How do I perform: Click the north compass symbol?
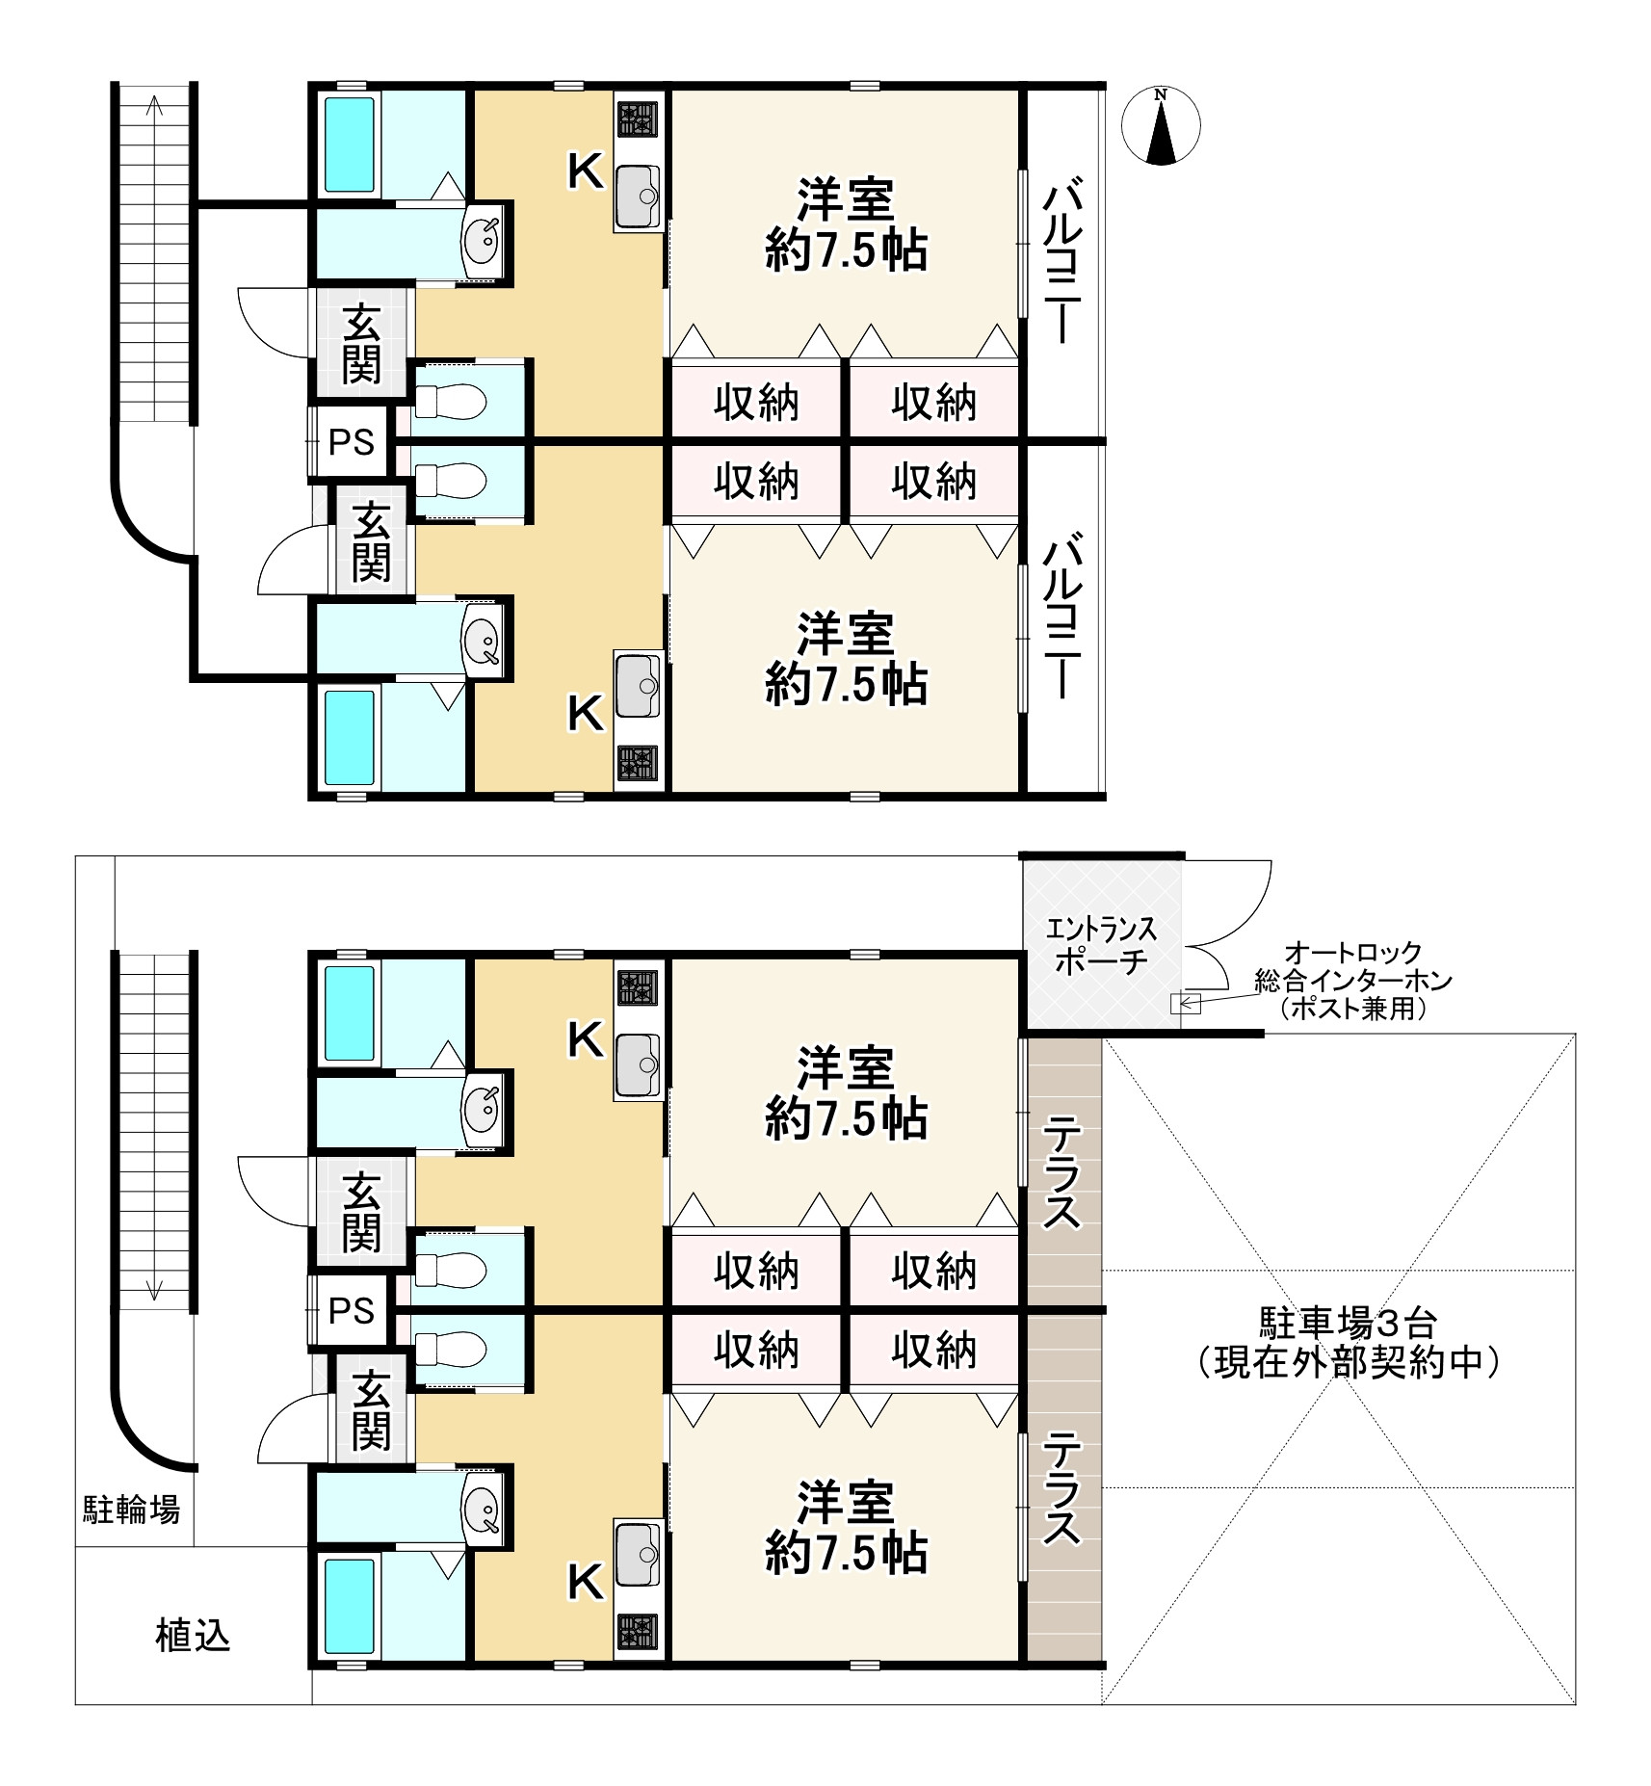tap(1162, 125)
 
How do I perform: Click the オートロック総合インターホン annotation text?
tap(1353, 967)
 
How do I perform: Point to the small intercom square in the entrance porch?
tap(1179, 1004)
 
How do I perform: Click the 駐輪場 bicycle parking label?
tap(131, 1509)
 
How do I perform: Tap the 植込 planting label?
tap(193, 1636)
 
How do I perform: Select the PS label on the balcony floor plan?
tap(352, 442)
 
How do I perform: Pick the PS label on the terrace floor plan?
tap(352, 1310)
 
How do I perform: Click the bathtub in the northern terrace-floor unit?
tap(349, 1012)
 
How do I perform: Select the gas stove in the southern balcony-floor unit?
tap(637, 763)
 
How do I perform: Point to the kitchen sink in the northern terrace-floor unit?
tap(637, 1064)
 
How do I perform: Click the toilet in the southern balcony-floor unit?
tap(450, 480)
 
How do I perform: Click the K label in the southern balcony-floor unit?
tap(585, 714)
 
